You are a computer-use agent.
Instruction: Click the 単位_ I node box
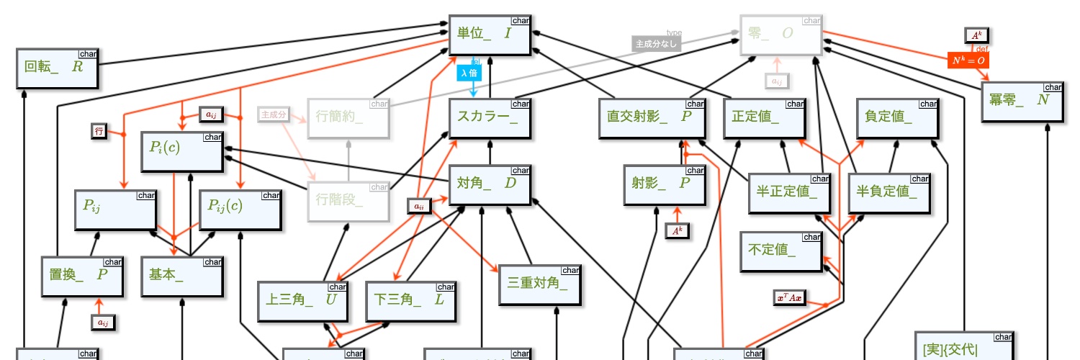(490, 35)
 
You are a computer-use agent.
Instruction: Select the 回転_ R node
(57, 68)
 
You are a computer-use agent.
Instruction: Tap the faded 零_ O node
(781, 35)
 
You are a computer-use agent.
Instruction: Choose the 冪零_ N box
(1022, 102)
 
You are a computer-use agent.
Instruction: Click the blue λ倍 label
(469, 73)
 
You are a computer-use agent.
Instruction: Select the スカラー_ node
(490, 118)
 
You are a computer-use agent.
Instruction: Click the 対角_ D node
(490, 184)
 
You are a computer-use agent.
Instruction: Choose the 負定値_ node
(897, 118)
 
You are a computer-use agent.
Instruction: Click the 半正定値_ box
(789, 193)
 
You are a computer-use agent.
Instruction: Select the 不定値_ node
(781, 251)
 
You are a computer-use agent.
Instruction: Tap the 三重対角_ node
(539, 284)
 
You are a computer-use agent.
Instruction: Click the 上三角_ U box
(302, 300)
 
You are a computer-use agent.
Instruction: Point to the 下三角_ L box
(410, 300)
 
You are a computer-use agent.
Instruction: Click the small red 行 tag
(99, 131)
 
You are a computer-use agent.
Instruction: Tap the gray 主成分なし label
(656, 45)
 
